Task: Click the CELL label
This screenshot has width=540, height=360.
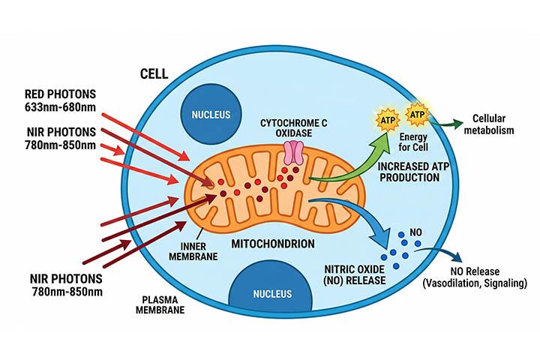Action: (154, 73)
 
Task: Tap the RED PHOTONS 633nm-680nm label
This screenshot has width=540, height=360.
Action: (60, 100)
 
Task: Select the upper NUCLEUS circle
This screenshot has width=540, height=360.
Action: (211, 115)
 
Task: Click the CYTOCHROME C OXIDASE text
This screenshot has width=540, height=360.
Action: (294, 127)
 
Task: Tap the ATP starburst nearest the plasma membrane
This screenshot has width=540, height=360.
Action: (418, 114)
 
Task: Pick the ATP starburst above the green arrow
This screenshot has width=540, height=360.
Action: (388, 120)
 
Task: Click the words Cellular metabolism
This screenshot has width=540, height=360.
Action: (489, 124)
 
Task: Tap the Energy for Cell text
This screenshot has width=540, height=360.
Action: (413, 142)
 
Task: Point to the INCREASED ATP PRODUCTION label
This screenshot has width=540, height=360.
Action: (413, 172)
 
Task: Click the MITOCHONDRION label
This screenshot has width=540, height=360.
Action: (273, 244)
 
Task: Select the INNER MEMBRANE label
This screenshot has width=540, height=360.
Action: (193, 251)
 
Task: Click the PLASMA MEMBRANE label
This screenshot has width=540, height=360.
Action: (160, 304)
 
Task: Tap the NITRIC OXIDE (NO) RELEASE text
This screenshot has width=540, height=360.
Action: (355, 274)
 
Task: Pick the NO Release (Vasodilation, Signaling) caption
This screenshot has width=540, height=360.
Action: (475, 277)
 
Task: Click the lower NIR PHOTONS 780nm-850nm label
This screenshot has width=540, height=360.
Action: (67, 285)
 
